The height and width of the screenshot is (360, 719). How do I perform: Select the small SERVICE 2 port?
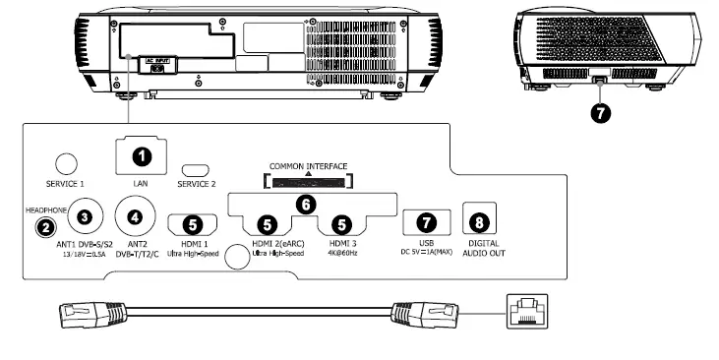pyautogui.click(x=194, y=169)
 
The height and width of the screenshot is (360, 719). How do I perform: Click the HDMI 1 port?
pyautogui.click(x=194, y=224)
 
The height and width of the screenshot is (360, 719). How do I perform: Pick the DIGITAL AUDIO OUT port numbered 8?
pyautogui.click(x=480, y=221)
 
